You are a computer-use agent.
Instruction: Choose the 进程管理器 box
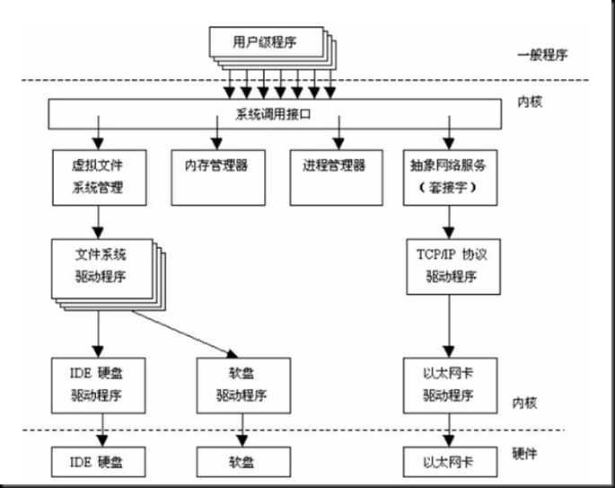click(338, 166)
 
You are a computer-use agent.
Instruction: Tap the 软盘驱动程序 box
click(242, 384)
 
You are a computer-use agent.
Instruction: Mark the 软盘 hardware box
click(242, 463)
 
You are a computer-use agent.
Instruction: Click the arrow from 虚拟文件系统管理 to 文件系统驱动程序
click(97, 219)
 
